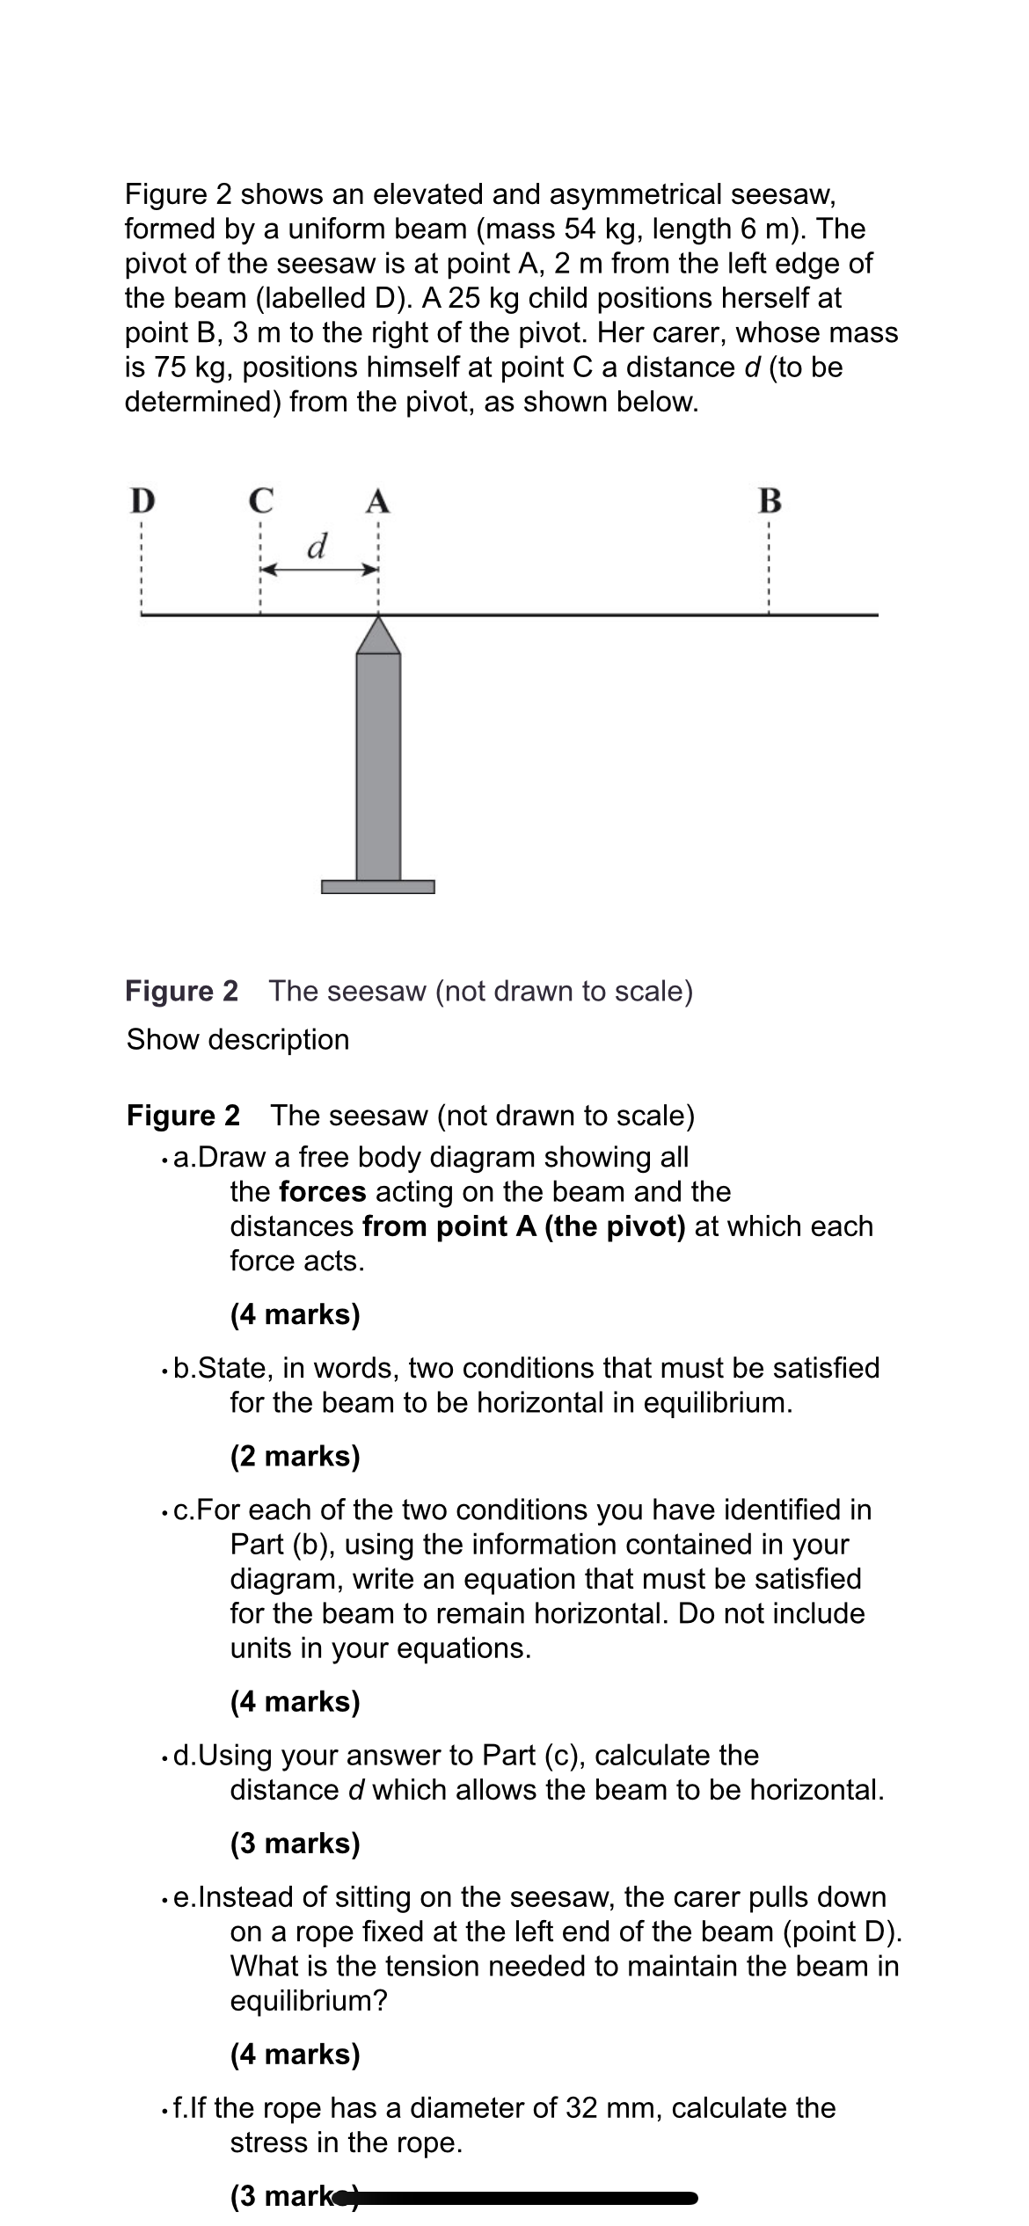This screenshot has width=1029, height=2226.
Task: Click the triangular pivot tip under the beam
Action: click(378, 634)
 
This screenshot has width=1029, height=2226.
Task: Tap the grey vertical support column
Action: click(378, 765)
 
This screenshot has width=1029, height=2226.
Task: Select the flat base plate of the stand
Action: click(378, 886)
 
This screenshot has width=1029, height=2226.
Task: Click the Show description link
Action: click(237, 1039)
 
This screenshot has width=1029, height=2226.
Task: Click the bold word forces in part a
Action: click(322, 1191)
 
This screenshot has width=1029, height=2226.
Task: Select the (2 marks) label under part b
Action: click(295, 1456)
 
